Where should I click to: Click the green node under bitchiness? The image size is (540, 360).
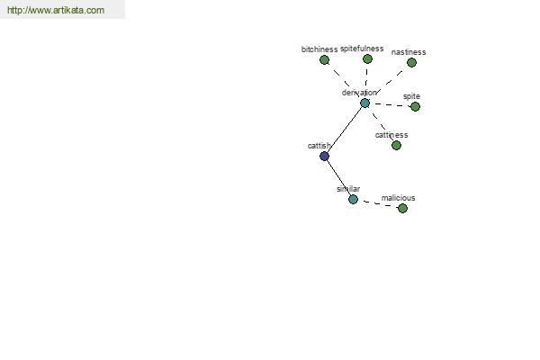(324, 60)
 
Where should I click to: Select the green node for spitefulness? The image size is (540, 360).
(367, 58)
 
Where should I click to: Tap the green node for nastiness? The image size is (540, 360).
(411, 62)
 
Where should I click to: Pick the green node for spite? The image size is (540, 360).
(415, 106)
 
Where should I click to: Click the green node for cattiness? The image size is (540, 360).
(396, 146)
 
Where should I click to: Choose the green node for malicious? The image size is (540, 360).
(402, 208)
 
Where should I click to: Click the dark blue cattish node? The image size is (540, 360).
(324, 157)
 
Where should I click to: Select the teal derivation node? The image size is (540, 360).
(364, 103)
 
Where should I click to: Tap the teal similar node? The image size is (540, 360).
(353, 199)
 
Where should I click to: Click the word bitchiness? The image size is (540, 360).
(319, 49)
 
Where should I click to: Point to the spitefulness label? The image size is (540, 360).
(362, 49)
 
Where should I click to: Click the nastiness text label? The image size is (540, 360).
(409, 52)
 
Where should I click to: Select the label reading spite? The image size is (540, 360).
(411, 96)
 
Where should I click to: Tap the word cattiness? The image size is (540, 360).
(391, 135)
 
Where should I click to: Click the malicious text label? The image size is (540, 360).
(398, 198)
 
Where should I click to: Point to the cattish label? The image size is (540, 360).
(319, 146)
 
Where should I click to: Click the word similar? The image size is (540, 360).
(348, 189)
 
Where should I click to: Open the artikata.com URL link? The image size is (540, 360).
(56, 10)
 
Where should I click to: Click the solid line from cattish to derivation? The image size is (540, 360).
(345, 130)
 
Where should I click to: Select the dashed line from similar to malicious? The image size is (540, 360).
(378, 204)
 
